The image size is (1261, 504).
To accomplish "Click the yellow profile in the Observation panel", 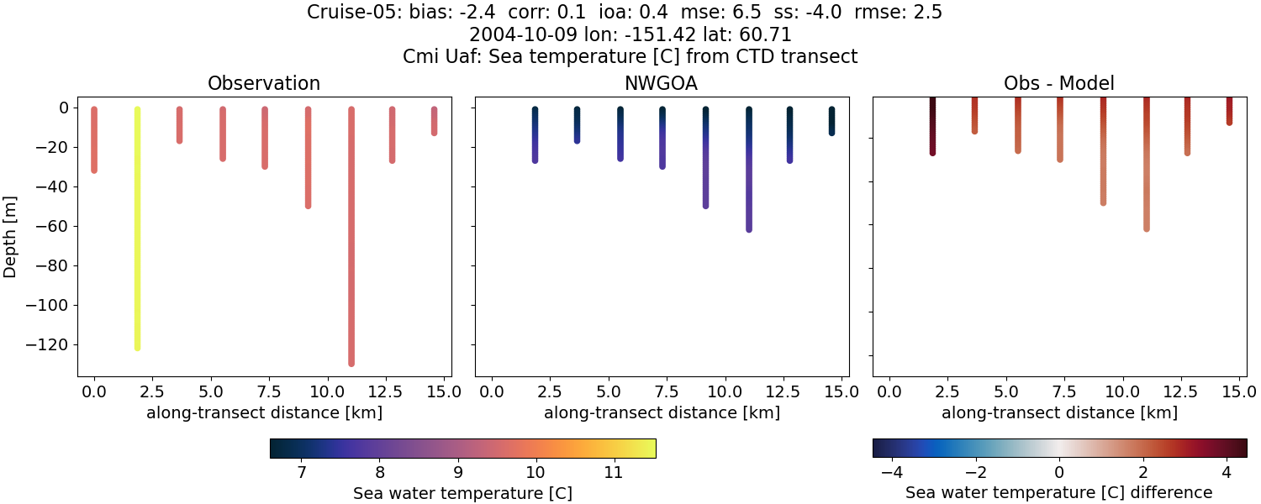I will coord(137,227).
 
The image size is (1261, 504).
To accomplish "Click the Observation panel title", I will coord(264,84).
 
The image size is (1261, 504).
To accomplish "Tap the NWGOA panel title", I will coord(662,84).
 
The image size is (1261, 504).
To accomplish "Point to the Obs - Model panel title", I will coord(1058,84).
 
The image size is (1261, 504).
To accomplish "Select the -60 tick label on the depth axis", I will coord(55,227).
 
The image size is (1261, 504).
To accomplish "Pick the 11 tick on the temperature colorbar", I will coord(614,473).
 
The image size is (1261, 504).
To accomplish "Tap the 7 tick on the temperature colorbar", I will coord(302,473).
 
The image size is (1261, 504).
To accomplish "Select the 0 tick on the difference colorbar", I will coord(1059,473).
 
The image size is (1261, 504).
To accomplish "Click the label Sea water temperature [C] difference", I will coord(1058,493).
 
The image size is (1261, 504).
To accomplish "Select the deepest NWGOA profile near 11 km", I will coord(748,168).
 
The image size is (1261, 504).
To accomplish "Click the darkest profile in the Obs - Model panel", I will coord(932,126).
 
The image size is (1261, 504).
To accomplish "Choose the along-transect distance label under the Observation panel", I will coord(264,412).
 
